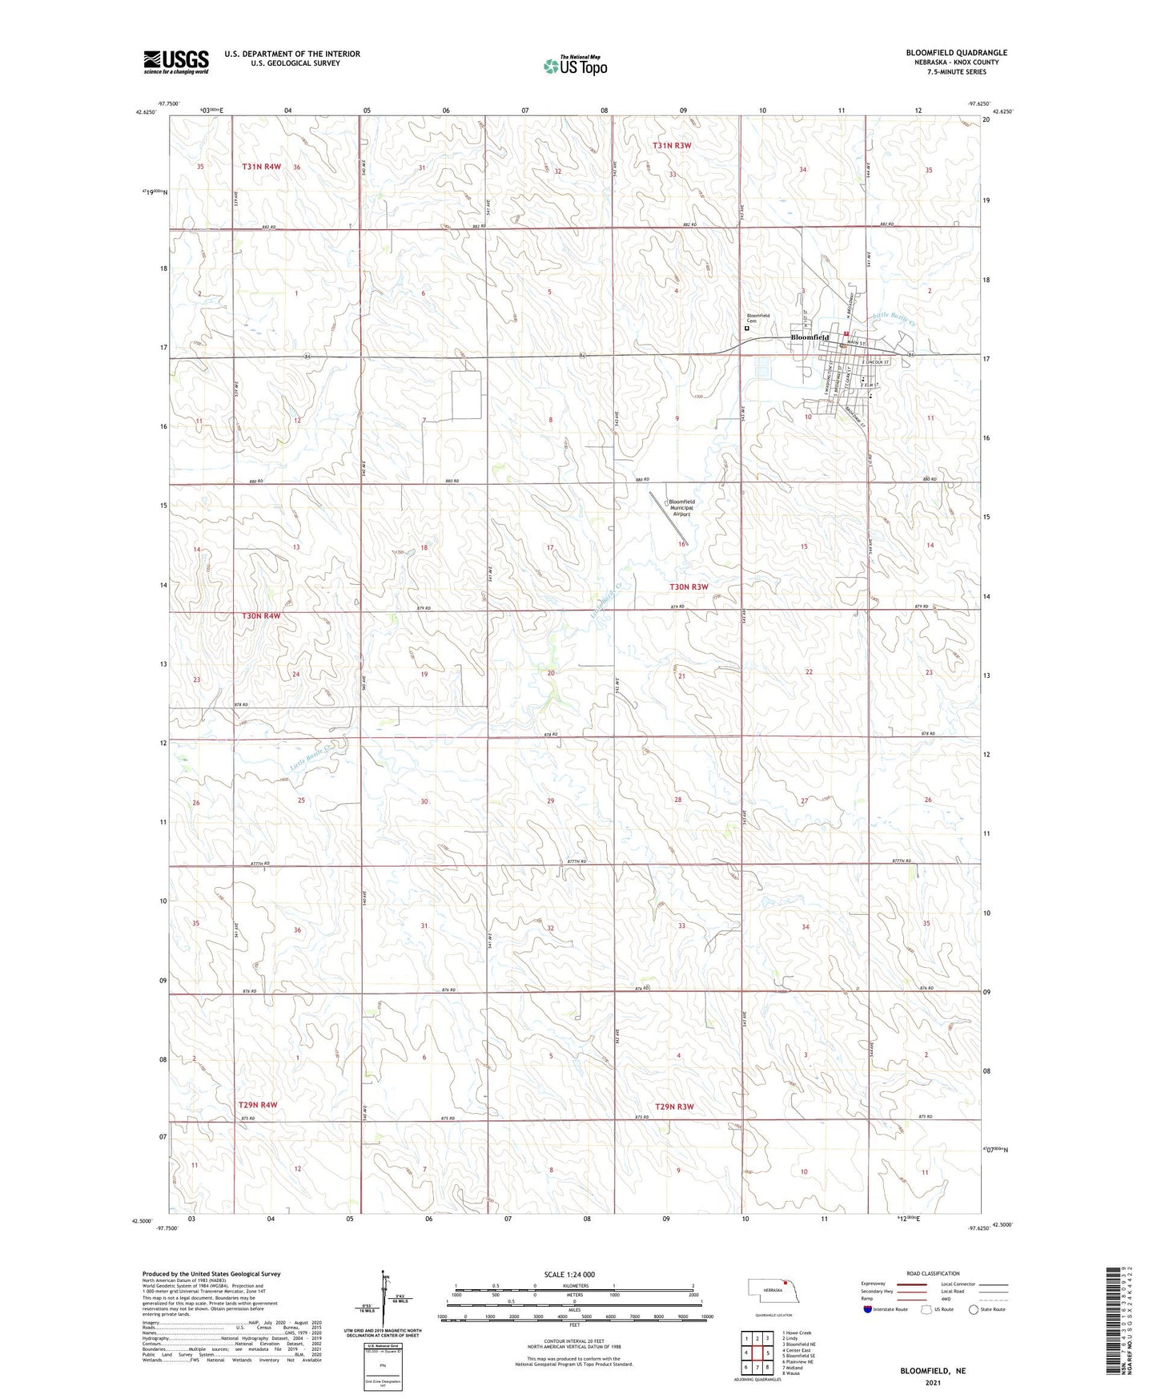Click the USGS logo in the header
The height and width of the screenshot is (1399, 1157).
click(x=176, y=62)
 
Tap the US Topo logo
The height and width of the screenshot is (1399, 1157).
click(x=574, y=66)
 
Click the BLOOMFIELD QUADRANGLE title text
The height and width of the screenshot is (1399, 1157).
click(x=956, y=53)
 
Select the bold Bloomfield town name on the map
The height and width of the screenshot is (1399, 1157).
click(x=809, y=337)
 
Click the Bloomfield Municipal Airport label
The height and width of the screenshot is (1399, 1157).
click(x=681, y=508)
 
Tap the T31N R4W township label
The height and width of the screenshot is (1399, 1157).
click(x=262, y=167)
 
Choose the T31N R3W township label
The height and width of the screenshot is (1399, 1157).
click(x=671, y=146)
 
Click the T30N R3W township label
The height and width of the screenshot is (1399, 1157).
click(x=689, y=587)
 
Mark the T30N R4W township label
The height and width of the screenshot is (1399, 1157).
click(x=262, y=615)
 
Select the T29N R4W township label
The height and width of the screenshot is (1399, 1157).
click(x=257, y=1105)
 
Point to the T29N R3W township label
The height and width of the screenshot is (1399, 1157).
click(x=674, y=1107)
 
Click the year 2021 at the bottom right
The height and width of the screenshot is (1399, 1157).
click(x=933, y=1382)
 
